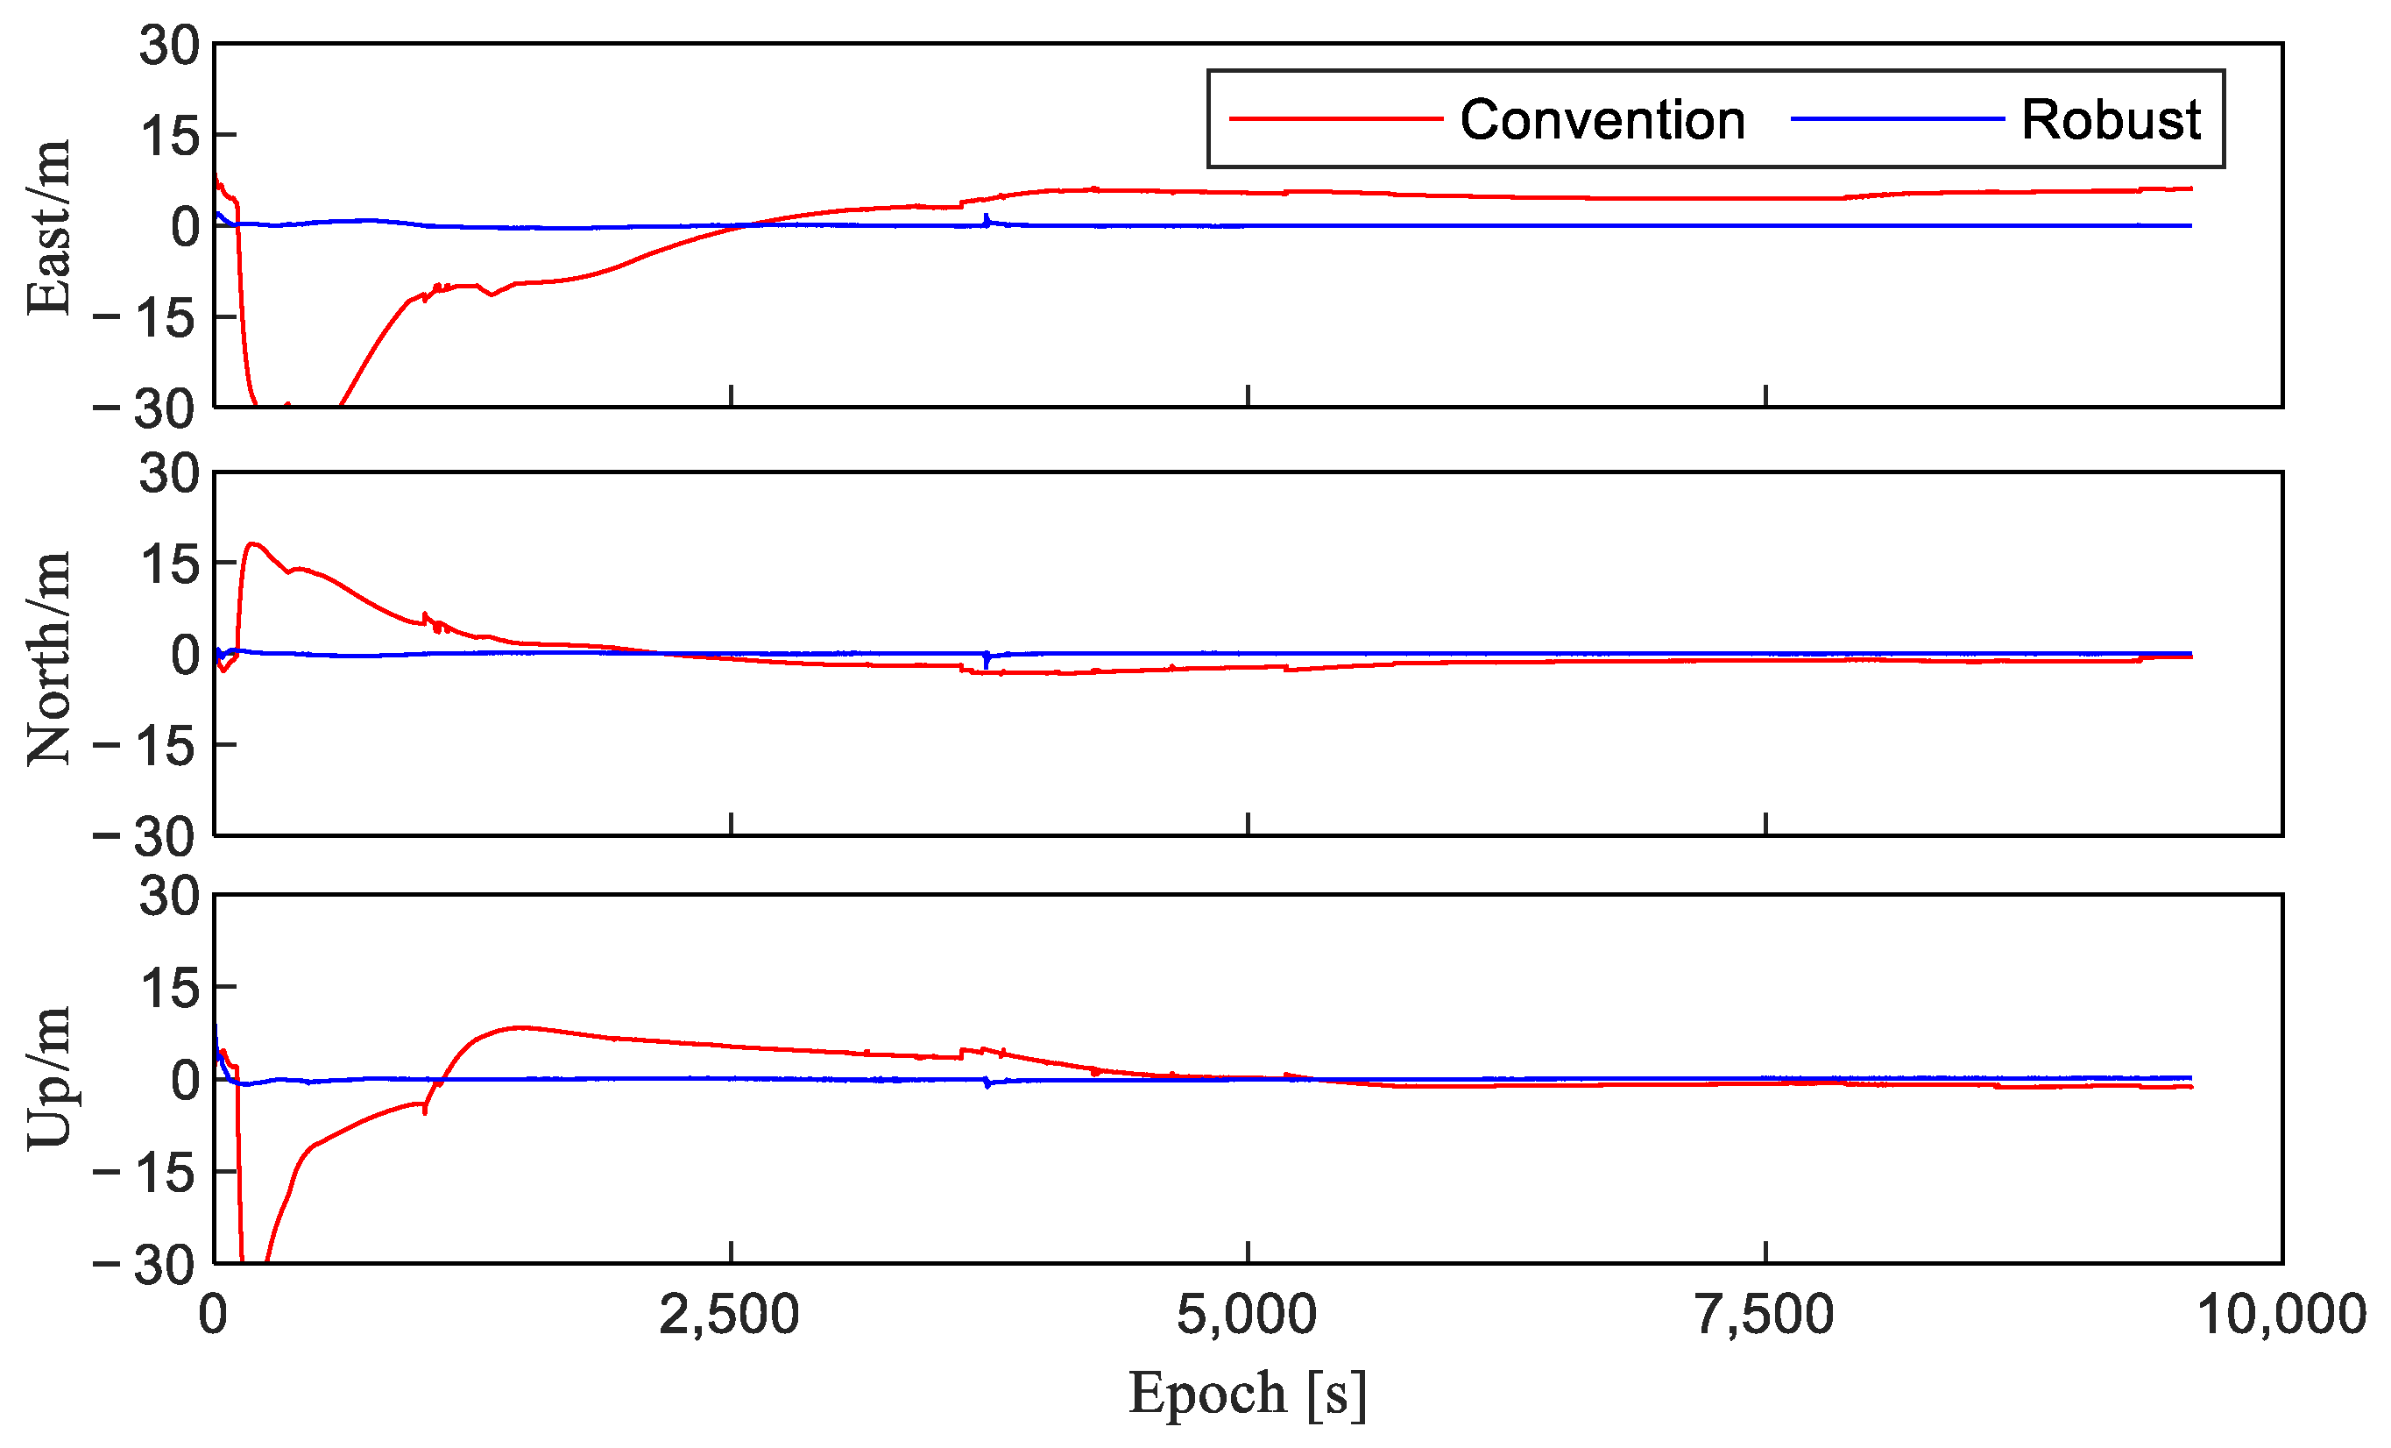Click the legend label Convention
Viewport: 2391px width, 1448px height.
[1602, 120]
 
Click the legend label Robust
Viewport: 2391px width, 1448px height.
[2111, 120]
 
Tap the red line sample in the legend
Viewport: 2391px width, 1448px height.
[1335, 119]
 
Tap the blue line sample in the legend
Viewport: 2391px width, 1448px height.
[1896, 119]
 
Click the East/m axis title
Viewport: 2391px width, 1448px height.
[48, 227]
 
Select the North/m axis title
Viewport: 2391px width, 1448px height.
[48, 658]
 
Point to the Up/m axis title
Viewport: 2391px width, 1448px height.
[48, 1077]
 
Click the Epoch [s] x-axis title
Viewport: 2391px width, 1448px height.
[1248, 1395]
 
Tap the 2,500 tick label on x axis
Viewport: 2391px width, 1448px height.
[730, 1316]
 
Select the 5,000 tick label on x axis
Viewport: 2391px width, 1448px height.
[1247, 1316]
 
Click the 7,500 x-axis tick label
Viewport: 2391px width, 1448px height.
[1765, 1316]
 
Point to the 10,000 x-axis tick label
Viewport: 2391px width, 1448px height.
[2281, 1316]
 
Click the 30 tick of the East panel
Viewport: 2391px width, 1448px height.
[169, 46]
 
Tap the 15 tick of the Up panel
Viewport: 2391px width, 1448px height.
[169, 989]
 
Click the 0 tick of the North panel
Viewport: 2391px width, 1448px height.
[184, 655]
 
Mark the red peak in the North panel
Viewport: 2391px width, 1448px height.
[254, 543]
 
